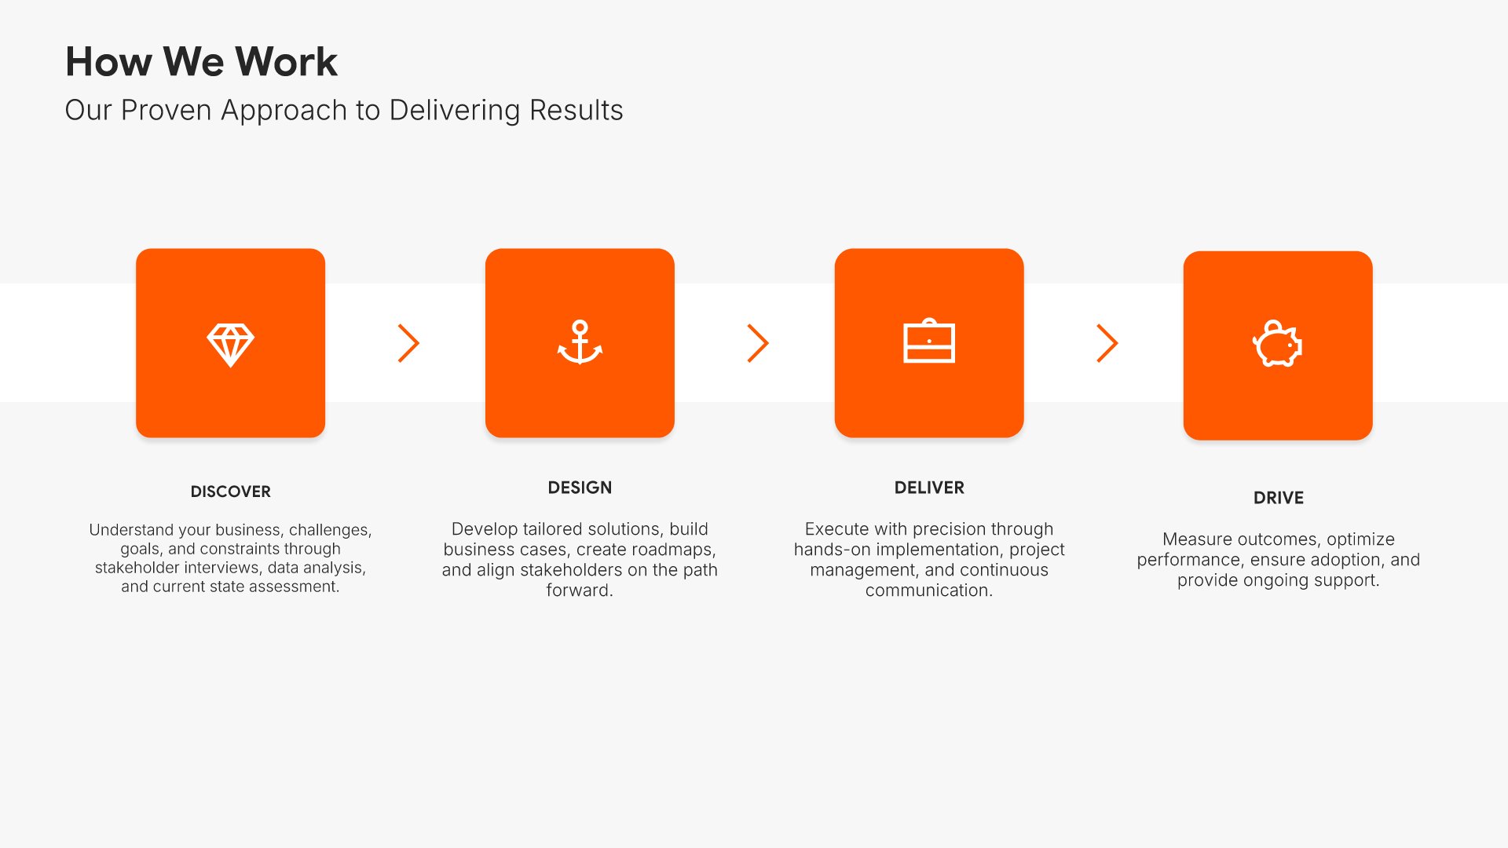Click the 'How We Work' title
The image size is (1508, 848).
[x=201, y=61]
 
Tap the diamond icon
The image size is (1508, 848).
[x=230, y=345]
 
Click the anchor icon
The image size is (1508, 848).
[x=580, y=342]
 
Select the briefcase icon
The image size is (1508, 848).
[x=929, y=341]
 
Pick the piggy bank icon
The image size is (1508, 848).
[x=1277, y=343]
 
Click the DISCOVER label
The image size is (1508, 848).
[x=230, y=492]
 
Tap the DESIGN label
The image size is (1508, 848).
[x=580, y=488]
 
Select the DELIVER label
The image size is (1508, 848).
[x=929, y=488]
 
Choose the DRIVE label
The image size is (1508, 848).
[x=1279, y=498]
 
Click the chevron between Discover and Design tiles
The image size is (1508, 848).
[x=408, y=343]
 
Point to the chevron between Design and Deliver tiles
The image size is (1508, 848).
[x=758, y=343]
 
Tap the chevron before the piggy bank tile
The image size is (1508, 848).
[x=1107, y=343]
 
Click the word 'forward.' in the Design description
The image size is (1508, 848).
[x=580, y=590]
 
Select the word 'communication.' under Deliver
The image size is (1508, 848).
[x=929, y=590]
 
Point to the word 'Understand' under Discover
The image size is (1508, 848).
[x=131, y=530]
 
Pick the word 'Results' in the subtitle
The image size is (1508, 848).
[x=576, y=111]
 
